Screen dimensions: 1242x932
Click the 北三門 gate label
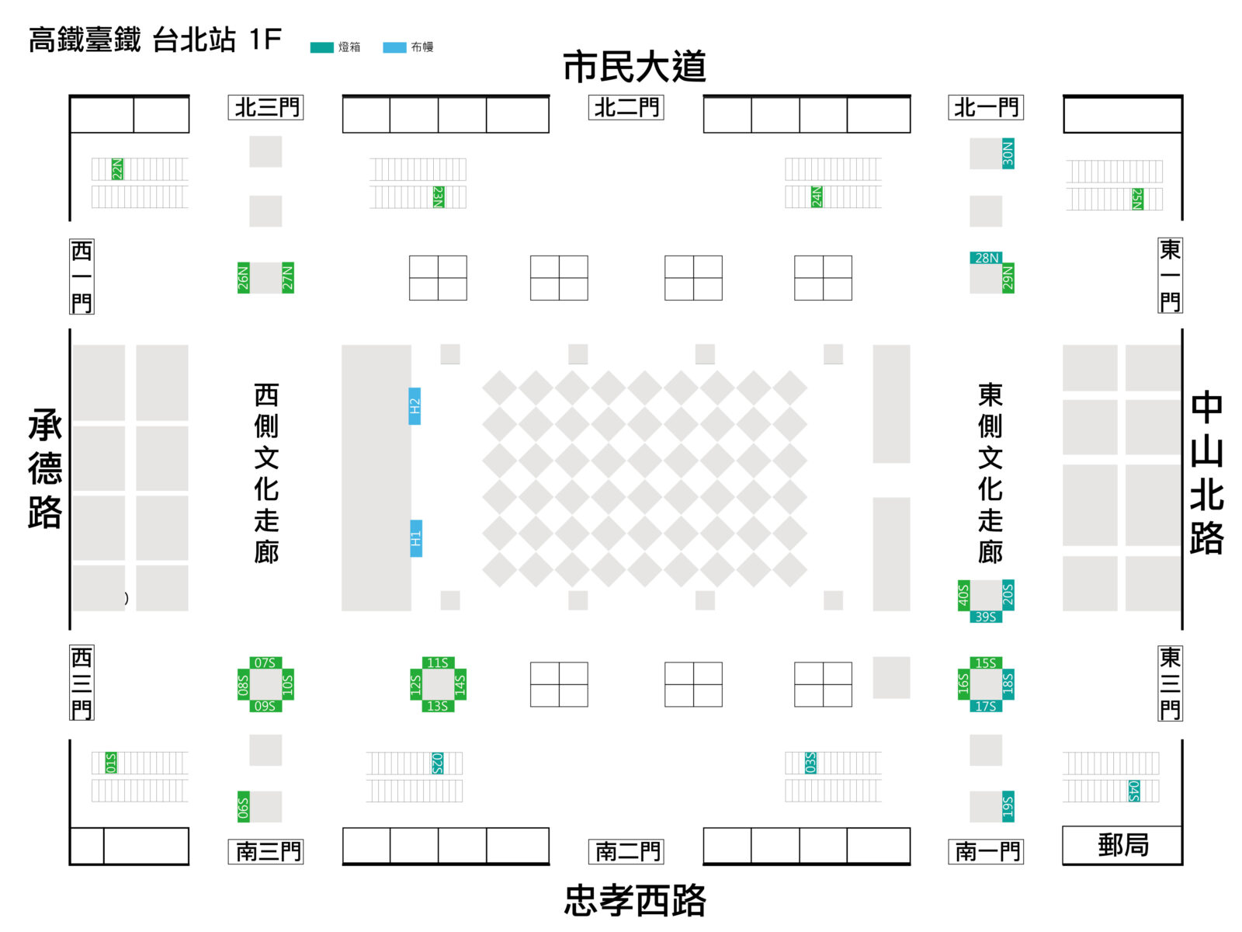[265, 107]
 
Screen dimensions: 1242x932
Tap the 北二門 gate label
[626, 107]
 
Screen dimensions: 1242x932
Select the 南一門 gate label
[986, 851]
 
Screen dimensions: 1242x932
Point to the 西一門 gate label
[82, 276]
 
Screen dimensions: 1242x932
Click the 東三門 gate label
[1170, 683]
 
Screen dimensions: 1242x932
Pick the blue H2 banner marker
[415, 405]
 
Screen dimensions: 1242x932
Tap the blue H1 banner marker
[416, 538]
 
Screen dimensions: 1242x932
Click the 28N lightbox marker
[986, 258]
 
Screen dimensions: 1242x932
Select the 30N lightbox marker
[1008, 153]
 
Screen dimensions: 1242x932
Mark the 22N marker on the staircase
[117, 169]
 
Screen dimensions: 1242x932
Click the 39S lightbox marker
[986, 616]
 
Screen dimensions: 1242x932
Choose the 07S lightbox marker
[265, 662]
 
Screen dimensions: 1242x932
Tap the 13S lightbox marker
[438, 706]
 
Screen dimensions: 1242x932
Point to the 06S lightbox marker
[243, 806]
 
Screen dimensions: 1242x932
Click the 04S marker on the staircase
[1134, 791]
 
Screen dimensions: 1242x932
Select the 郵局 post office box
[1122, 845]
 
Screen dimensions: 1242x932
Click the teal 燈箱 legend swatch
[321, 47]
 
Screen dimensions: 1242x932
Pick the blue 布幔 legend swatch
[394, 47]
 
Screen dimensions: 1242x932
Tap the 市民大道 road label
[634, 66]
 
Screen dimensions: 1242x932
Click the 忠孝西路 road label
[635, 899]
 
